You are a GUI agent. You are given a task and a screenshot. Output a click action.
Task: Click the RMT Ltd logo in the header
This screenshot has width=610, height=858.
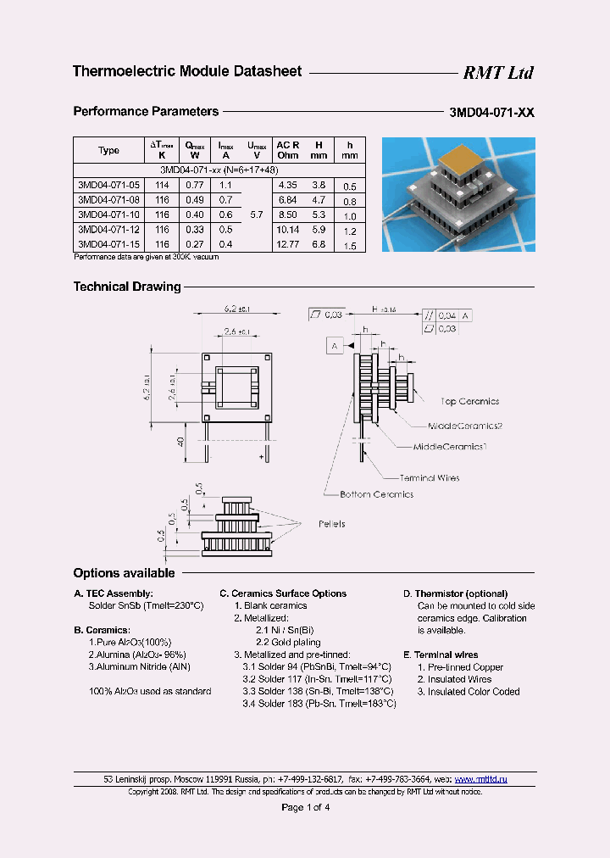click(x=497, y=73)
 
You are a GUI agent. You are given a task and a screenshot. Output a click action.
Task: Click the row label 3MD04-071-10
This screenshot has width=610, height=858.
click(x=108, y=215)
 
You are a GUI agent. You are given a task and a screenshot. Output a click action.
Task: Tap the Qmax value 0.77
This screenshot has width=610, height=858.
click(x=194, y=185)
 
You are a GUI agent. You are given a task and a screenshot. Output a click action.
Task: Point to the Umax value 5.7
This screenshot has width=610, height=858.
click(x=257, y=215)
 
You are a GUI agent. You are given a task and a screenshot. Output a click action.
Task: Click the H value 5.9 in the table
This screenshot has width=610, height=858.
click(x=318, y=231)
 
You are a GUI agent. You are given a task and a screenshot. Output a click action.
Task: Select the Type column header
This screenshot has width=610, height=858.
click(x=108, y=150)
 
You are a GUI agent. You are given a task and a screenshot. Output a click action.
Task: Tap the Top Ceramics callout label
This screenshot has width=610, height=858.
click(x=469, y=402)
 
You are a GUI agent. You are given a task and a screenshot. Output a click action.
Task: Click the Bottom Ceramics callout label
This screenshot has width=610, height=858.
click(x=376, y=494)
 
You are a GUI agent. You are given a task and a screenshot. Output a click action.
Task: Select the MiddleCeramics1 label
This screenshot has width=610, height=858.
click(x=450, y=446)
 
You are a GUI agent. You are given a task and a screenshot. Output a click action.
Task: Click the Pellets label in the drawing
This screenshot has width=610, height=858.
click(x=332, y=524)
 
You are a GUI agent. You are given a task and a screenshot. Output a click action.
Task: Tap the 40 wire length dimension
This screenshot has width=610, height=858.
click(x=181, y=441)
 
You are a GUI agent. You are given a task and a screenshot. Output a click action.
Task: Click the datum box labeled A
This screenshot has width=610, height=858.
click(x=335, y=346)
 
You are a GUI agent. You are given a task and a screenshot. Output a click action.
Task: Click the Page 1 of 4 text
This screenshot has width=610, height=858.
click(x=305, y=807)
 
